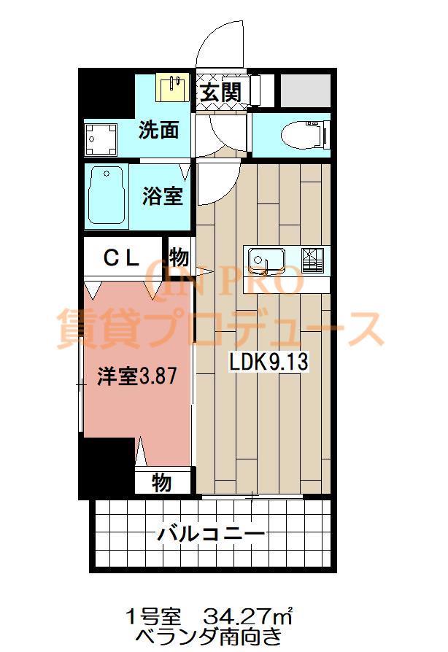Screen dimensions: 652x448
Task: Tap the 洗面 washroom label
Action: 159,131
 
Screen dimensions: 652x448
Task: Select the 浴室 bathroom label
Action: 162,195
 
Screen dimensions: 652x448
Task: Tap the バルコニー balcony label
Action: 211,534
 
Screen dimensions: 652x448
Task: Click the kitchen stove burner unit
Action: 312,259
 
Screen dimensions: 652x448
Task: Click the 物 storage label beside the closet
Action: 179,257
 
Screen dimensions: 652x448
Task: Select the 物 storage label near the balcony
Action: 161,482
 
